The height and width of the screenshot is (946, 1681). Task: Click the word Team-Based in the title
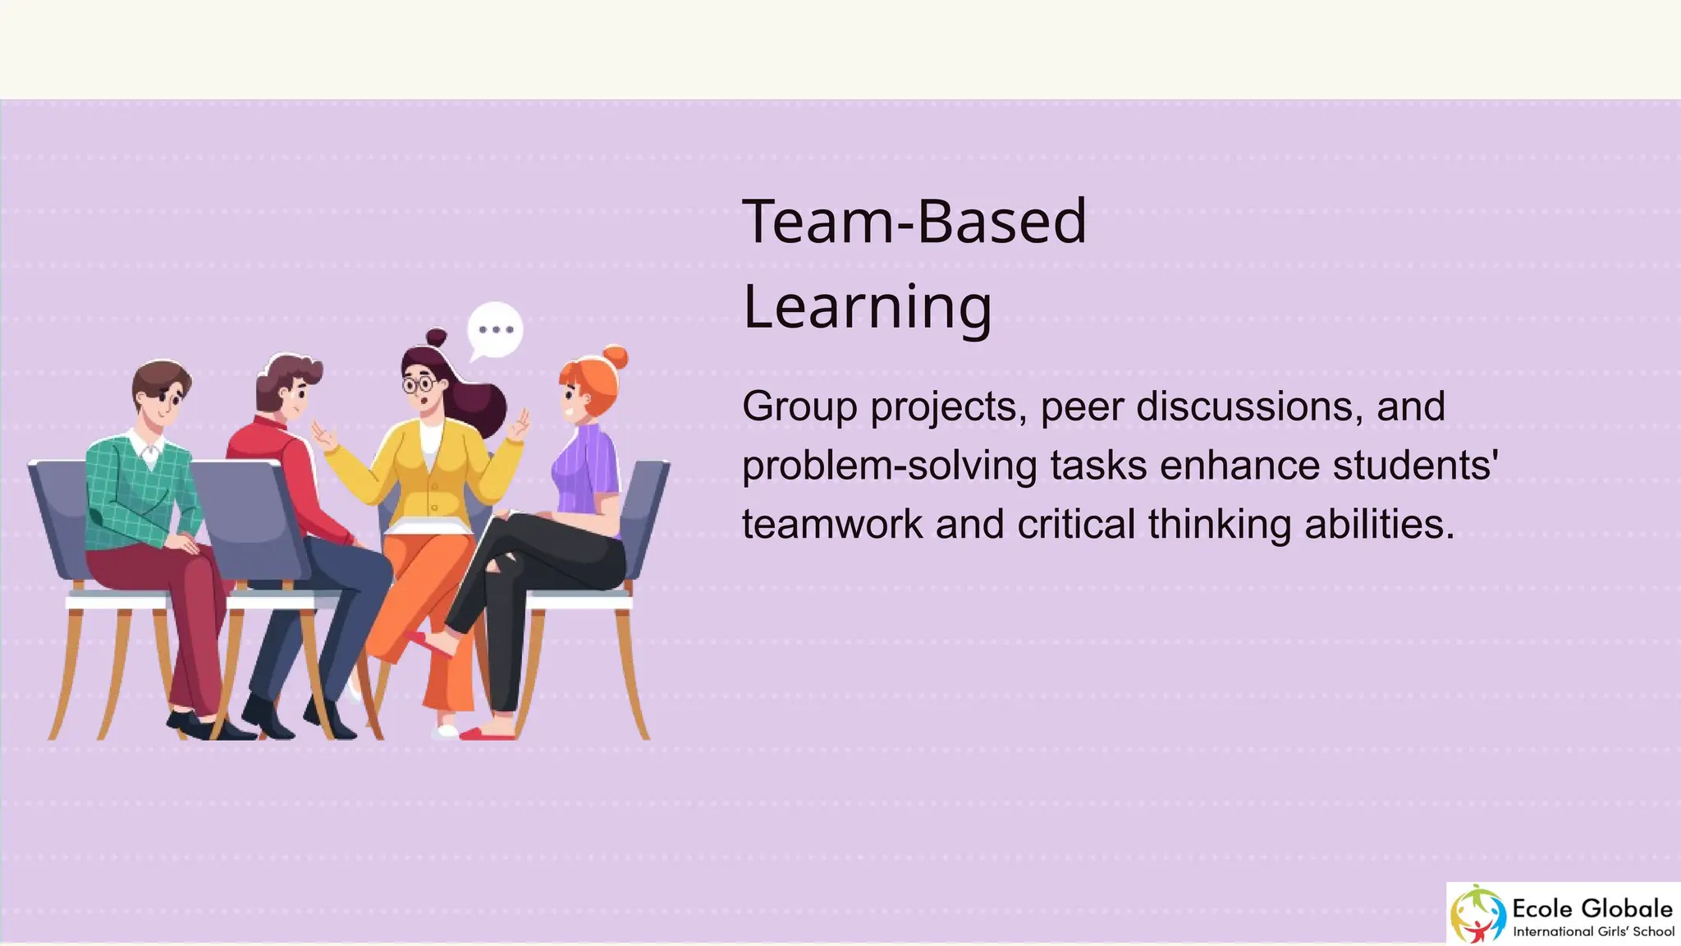tap(914, 222)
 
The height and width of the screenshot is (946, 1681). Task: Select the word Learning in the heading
tap(868, 306)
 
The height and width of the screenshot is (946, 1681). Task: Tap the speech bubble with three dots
tap(495, 329)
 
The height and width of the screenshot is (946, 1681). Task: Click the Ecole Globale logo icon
tap(1478, 913)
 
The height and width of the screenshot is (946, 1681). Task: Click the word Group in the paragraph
tap(799, 406)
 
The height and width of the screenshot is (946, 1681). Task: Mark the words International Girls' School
tap(1593, 931)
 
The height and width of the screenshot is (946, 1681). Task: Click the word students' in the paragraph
tap(1416, 466)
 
